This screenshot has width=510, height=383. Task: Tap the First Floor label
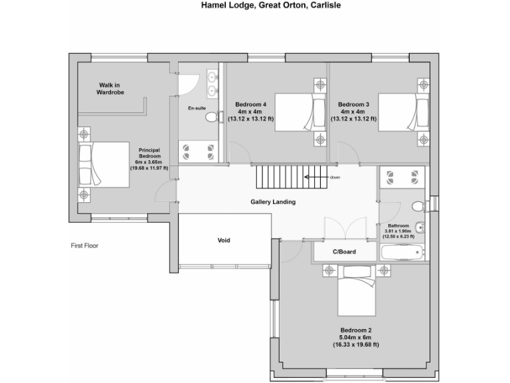point(85,245)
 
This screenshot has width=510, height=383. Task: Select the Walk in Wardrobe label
point(112,88)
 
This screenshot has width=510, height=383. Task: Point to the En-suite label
point(197,108)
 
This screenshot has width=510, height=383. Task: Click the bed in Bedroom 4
point(294,113)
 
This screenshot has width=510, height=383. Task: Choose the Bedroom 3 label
point(353,104)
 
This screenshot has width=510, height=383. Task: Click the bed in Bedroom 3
point(398,113)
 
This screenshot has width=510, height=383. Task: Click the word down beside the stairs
point(335,178)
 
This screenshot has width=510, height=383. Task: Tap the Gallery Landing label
point(273,202)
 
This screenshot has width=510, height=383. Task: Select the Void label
point(224,240)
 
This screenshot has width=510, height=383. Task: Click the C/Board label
point(345,252)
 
